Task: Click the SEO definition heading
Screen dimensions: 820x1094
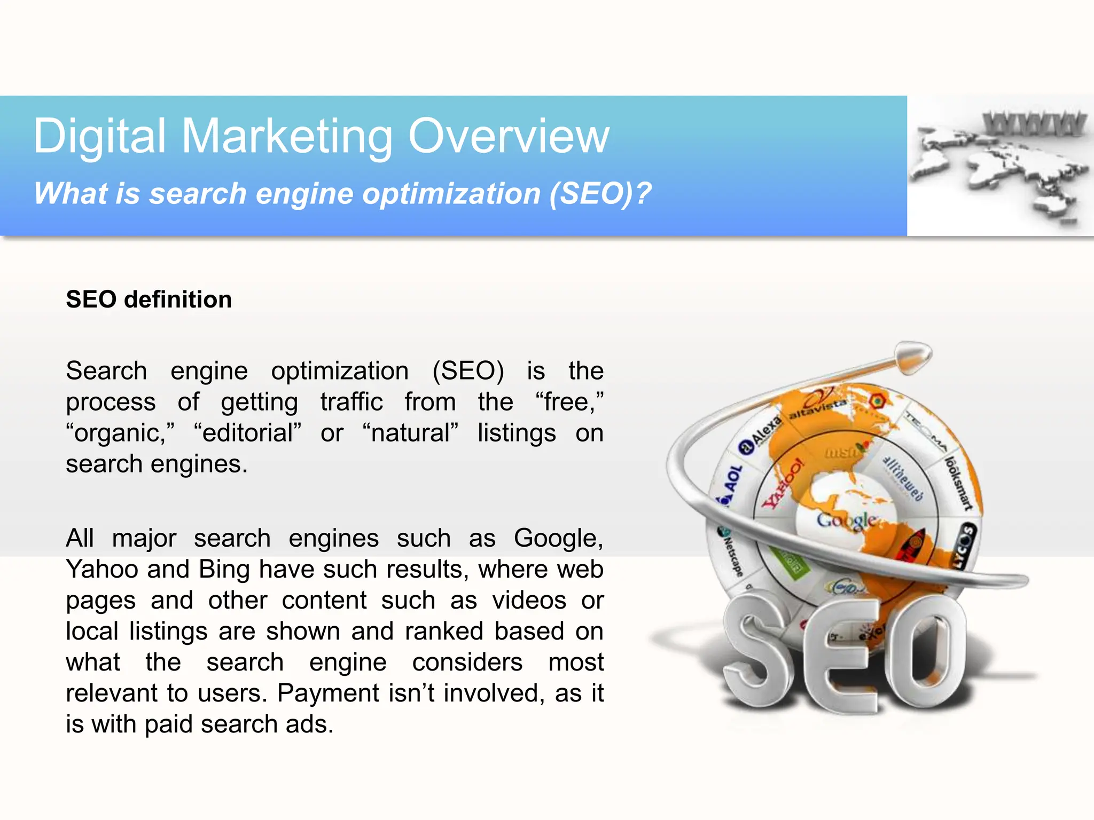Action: (x=149, y=299)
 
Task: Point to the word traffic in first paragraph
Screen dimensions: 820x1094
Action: (x=351, y=402)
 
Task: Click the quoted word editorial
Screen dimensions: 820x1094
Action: (x=248, y=433)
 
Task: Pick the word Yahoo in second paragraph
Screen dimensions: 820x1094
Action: (x=101, y=569)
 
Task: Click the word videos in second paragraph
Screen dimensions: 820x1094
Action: (x=529, y=601)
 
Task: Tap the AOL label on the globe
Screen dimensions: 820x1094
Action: (x=733, y=478)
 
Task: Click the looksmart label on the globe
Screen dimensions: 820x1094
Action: (x=959, y=483)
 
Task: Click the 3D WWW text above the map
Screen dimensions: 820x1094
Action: (x=1034, y=124)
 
